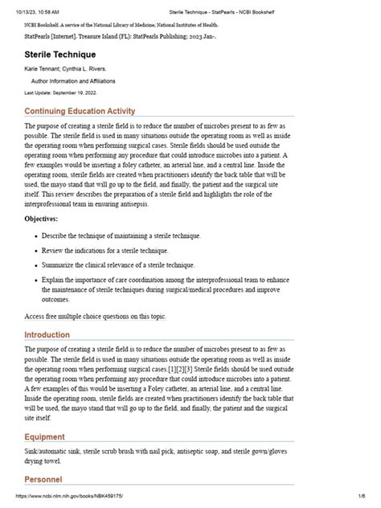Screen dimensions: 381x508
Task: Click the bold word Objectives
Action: pyautogui.click(x=41, y=219)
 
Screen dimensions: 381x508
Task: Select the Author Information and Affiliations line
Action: pyautogui.click(x=74, y=82)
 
